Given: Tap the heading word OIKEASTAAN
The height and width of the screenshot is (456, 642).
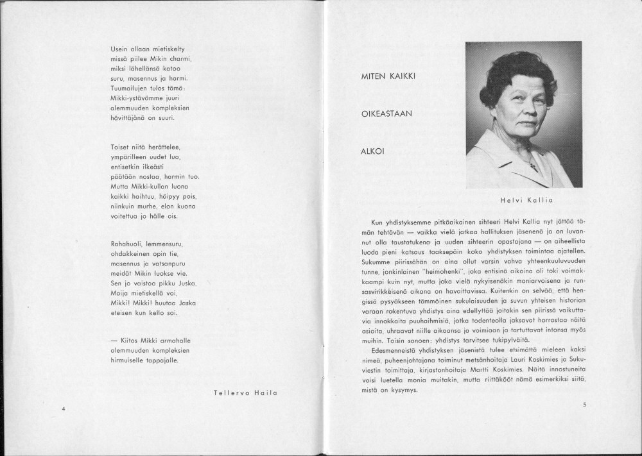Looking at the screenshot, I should (386, 114).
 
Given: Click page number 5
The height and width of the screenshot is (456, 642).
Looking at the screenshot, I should (585, 404).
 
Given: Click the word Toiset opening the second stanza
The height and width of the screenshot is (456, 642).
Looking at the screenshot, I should (120, 148).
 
